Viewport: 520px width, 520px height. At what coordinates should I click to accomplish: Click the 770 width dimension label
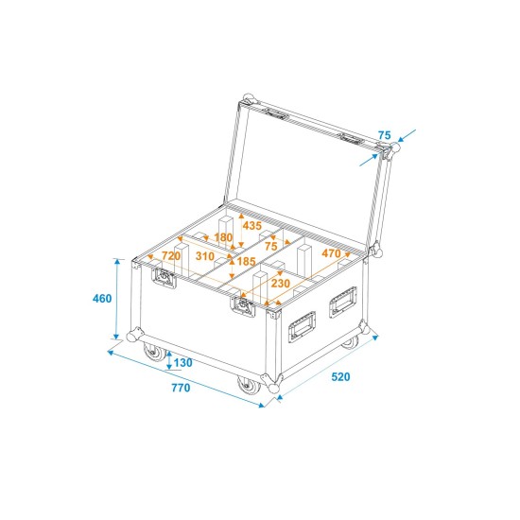[x=181, y=388]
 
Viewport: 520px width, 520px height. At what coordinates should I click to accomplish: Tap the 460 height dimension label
[x=102, y=299]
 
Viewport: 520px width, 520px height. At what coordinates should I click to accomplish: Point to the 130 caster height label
[x=183, y=364]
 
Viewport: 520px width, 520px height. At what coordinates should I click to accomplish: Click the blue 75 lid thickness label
[x=384, y=135]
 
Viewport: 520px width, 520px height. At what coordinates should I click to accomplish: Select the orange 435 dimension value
[x=251, y=226]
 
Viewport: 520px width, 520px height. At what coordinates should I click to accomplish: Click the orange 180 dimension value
[x=223, y=237]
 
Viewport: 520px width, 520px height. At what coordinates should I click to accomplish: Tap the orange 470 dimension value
[x=331, y=253]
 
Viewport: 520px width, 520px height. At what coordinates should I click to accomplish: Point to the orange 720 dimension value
[x=171, y=255]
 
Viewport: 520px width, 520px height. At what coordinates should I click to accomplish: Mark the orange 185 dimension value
[x=247, y=261]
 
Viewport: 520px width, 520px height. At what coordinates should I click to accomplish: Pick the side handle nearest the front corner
[x=303, y=324]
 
